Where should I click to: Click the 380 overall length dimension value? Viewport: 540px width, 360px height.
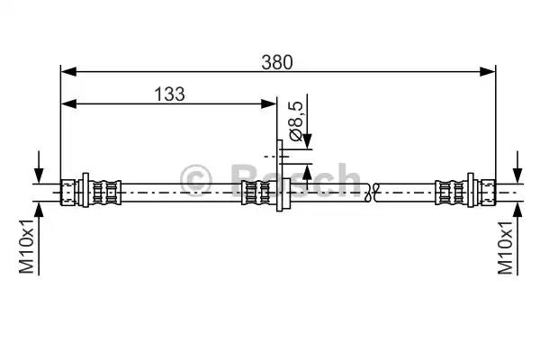point(277,62)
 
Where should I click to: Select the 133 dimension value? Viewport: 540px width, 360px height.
point(169,94)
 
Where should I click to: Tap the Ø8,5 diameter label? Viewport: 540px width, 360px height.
point(296,121)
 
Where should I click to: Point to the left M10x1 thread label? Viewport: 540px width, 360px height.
point(26,246)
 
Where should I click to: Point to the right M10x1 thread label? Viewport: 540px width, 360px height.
point(505,246)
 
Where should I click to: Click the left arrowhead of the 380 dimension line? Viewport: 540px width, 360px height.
point(68,72)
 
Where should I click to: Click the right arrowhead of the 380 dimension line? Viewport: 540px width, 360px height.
point(488,72)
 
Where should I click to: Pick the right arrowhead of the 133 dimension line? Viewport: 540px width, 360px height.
point(268,103)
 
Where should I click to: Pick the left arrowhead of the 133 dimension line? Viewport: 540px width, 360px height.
point(68,103)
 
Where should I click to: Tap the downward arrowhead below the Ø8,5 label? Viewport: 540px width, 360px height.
point(307,141)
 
